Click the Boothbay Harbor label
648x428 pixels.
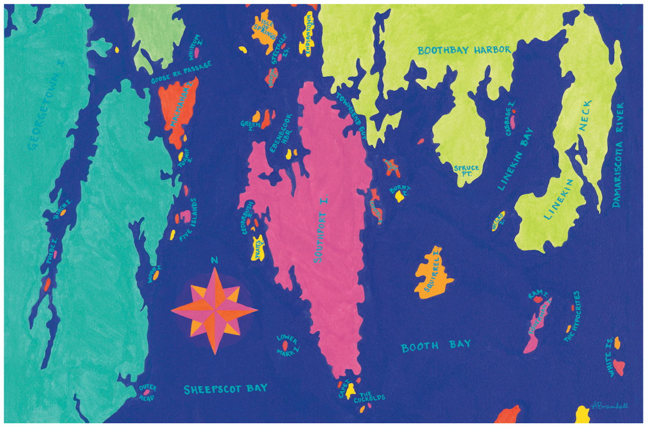tap(464, 50)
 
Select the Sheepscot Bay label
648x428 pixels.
tap(226, 389)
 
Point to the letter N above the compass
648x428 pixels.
tap(214, 260)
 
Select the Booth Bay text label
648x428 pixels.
tap(435, 346)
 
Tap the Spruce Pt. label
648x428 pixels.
tap(466, 170)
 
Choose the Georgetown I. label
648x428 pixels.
tap(45, 105)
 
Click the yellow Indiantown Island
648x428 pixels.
tap(308, 34)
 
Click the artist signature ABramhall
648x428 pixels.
tap(609, 406)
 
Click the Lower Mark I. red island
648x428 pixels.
tap(285, 345)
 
